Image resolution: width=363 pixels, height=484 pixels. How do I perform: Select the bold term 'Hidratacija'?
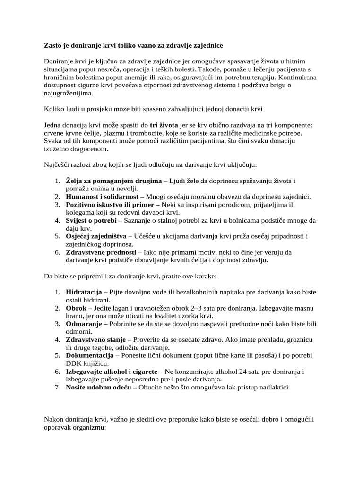85,292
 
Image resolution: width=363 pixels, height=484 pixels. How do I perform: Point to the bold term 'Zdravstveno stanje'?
95,340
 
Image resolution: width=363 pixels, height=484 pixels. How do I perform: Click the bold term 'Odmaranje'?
82,324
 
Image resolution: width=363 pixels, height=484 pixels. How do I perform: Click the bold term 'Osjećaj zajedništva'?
96,236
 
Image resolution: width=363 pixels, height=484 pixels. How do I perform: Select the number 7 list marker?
57,388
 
